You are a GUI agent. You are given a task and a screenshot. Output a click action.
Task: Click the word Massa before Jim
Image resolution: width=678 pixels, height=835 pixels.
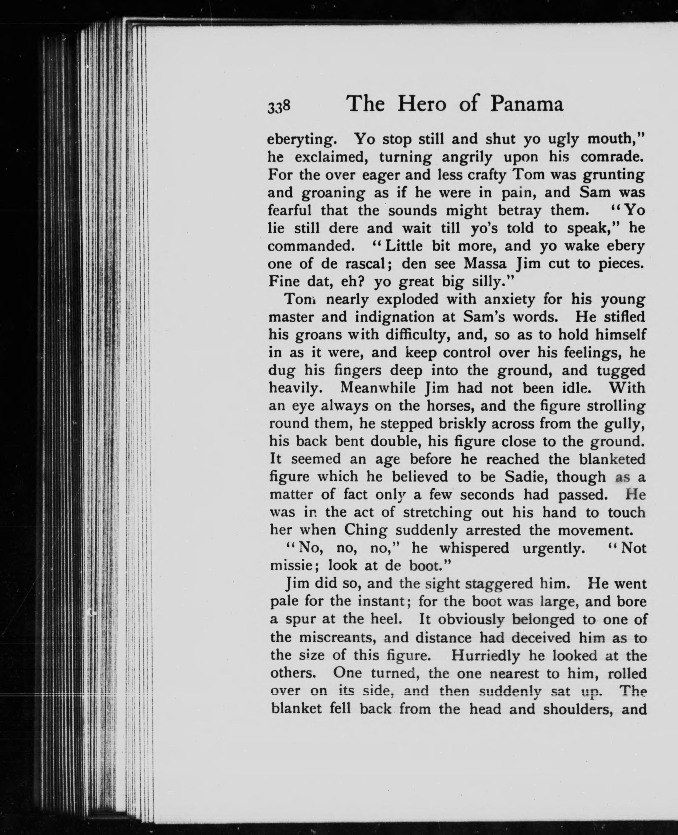486,264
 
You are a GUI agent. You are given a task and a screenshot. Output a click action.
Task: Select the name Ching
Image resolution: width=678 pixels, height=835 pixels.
365,530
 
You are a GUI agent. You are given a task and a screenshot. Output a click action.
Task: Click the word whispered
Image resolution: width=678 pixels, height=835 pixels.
474,548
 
